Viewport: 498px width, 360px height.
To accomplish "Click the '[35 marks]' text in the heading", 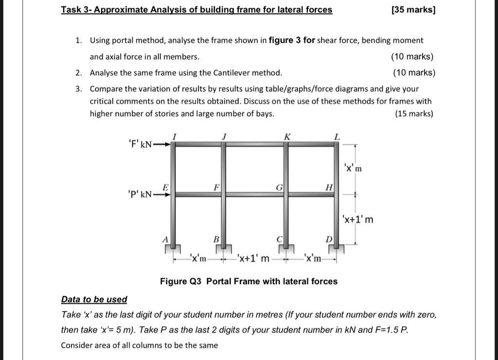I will (413, 10).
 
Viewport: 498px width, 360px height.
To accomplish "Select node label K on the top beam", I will (287, 137).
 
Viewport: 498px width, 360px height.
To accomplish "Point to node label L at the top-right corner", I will (337, 137).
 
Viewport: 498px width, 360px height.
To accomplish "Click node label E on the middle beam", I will (165, 187).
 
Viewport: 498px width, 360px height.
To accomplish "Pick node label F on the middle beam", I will (217, 187).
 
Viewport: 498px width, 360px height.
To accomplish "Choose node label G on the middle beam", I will (279, 187).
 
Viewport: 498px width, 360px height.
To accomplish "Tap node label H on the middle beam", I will (329, 187).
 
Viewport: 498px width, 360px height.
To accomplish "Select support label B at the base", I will (216, 239).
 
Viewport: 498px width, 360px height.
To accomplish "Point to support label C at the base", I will (279, 239).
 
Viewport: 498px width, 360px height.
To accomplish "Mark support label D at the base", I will (329, 239).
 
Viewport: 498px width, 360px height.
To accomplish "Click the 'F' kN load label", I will (140, 144).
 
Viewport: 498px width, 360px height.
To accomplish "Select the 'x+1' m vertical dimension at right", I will (357, 219).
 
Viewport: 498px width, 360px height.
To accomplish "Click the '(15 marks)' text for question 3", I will (414, 114).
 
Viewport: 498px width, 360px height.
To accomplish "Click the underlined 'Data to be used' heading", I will (94, 300).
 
